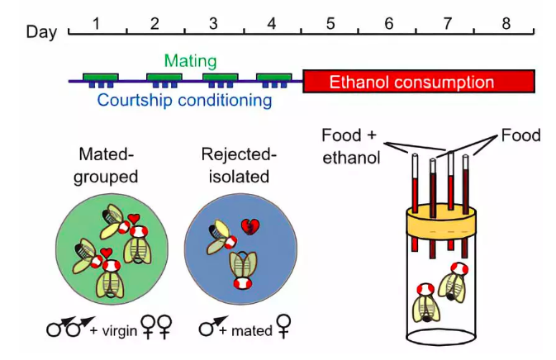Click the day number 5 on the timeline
tap(330, 24)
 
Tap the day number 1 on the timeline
tap(96, 24)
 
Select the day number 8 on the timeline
tap(506, 24)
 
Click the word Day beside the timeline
tap(41, 32)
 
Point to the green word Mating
tap(190, 60)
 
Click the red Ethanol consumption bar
tap(419, 82)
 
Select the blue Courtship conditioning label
tap(185, 100)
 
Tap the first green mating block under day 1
tap(101, 78)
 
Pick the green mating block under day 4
tap(274, 78)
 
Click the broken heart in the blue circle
tap(250, 227)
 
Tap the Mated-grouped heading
tap(106, 165)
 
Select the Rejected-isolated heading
tap(239, 165)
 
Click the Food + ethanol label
tap(350, 146)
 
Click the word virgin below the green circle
tap(120, 331)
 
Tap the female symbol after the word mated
tap(283, 326)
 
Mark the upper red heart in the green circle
tap(134, 218)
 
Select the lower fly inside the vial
tap(425, 303)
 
